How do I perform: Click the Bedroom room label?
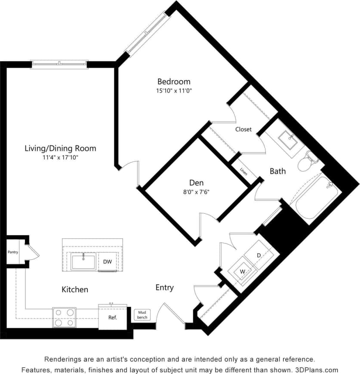point(173,81)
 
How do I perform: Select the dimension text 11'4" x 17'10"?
point(60,158)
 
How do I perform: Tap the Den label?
point(196,183)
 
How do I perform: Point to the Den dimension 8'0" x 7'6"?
point(196,192)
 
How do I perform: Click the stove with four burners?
point(64,318)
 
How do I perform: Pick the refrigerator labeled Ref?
point(113,318)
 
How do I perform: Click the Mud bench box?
point(142,315)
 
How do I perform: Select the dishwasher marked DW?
point(107,262)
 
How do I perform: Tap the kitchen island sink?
point(83,262)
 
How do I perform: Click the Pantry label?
point(13,252)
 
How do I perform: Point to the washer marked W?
point(242,271)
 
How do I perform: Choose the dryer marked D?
point(259,256)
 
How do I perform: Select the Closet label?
point(243,129)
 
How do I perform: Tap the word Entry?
point(164,287)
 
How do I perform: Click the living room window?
point(60,65)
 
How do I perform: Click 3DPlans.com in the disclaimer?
point(317,370)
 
